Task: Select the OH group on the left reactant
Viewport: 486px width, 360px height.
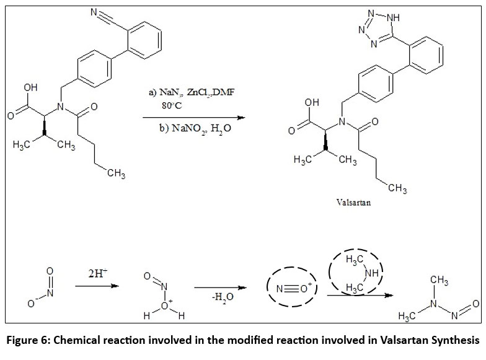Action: (x=30, y=88)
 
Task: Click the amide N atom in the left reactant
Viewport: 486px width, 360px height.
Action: (x=61, y=107)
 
